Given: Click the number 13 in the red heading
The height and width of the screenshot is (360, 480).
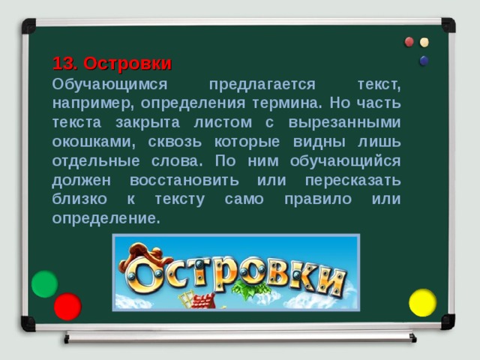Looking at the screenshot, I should [63, 62].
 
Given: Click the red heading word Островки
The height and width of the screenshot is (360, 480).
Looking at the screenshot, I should [127, 62].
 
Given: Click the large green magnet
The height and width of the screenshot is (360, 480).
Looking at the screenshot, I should [44, 283].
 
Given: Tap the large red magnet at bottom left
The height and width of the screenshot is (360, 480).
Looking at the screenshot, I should [67, 306].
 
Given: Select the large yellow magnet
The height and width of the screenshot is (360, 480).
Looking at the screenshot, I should [422, 301].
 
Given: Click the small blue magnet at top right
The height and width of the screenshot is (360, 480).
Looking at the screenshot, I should [424, 60].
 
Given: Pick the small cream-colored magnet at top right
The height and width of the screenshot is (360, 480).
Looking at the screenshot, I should [424, 43].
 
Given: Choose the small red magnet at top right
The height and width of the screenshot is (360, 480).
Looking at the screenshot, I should [409, 42].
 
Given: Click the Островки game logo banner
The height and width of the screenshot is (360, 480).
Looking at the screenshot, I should [235, 271].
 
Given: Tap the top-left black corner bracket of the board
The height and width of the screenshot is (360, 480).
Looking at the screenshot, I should [28, 26].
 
